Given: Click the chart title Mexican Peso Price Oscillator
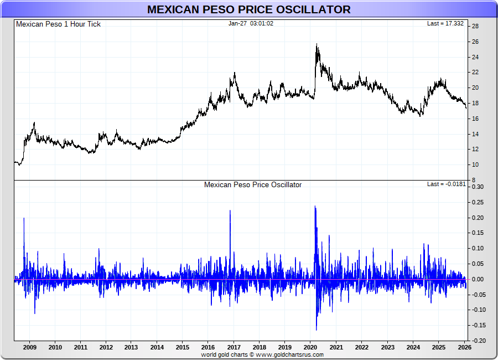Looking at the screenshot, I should (248, 9).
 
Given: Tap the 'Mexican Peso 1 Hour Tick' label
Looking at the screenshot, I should (58, 24).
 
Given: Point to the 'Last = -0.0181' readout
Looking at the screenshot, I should (447, 184).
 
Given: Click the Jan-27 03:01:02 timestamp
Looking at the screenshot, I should (251, 24).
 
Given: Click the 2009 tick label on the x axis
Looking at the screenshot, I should (30, 347).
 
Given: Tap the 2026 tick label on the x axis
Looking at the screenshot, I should (464, 347).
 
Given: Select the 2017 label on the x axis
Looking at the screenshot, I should (234, 347).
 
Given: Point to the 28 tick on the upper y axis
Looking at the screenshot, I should (475, 26).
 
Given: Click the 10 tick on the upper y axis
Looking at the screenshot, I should (475, 164).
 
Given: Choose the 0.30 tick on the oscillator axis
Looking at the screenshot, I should (477, 187).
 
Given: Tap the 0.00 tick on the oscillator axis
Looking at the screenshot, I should (477, 279).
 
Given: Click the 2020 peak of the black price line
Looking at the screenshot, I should (317, 45).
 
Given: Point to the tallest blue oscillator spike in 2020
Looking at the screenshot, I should (315, 207).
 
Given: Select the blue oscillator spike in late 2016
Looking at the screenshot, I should (230, 211).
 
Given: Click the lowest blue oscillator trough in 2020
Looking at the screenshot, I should (317, 330).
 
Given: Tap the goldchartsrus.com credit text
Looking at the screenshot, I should (262, 354).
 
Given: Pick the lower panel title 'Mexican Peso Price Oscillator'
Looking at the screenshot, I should (253, 184).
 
